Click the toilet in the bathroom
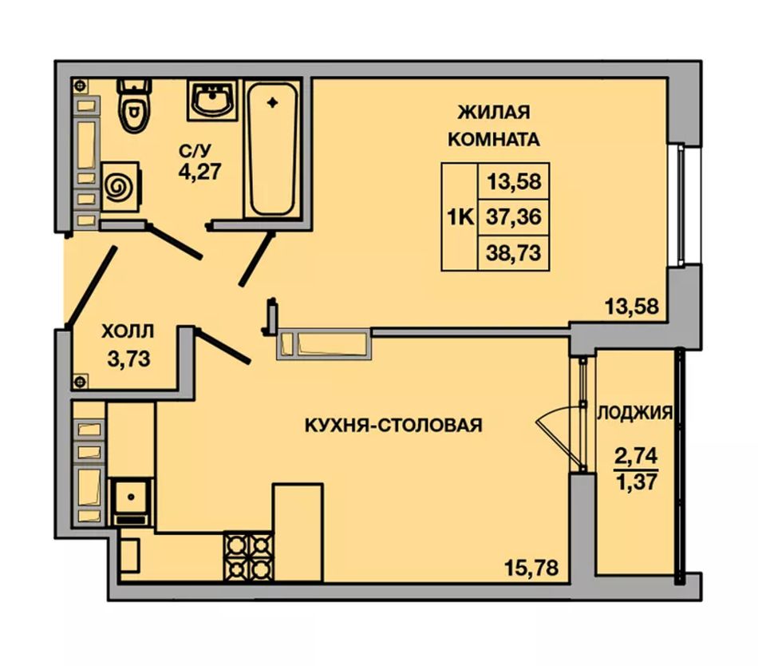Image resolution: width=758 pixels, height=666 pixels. (x=133, y=105)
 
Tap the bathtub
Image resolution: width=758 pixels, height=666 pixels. (x=273, y=149)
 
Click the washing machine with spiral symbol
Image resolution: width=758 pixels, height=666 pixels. (x=120, y=186)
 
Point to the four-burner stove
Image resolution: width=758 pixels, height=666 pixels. (x=248, y=555)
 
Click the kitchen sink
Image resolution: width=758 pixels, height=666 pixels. (x=131, y=501)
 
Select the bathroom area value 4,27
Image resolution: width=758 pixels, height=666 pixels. (x=199, y=172)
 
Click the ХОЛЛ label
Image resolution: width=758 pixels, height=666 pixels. (x=128, y=332)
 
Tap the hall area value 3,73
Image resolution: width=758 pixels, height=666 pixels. (x=128, y=359)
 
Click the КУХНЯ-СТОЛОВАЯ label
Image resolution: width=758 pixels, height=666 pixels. (x=393, y=425)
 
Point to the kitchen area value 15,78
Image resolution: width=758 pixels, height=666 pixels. (x=531, y=567)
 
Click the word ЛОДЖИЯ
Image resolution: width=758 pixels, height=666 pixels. (x=635, y=413)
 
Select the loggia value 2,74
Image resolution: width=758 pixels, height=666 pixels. (x=636, y=456)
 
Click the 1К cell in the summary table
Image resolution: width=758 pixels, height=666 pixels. (x=460, y=216)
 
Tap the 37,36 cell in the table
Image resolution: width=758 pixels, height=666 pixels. (x=513, y=217)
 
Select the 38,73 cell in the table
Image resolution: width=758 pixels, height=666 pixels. (x=513, y=253)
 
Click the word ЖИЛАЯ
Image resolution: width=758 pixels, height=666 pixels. (x=494, y=113)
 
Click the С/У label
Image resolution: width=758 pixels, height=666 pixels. (x=195, y=151)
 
